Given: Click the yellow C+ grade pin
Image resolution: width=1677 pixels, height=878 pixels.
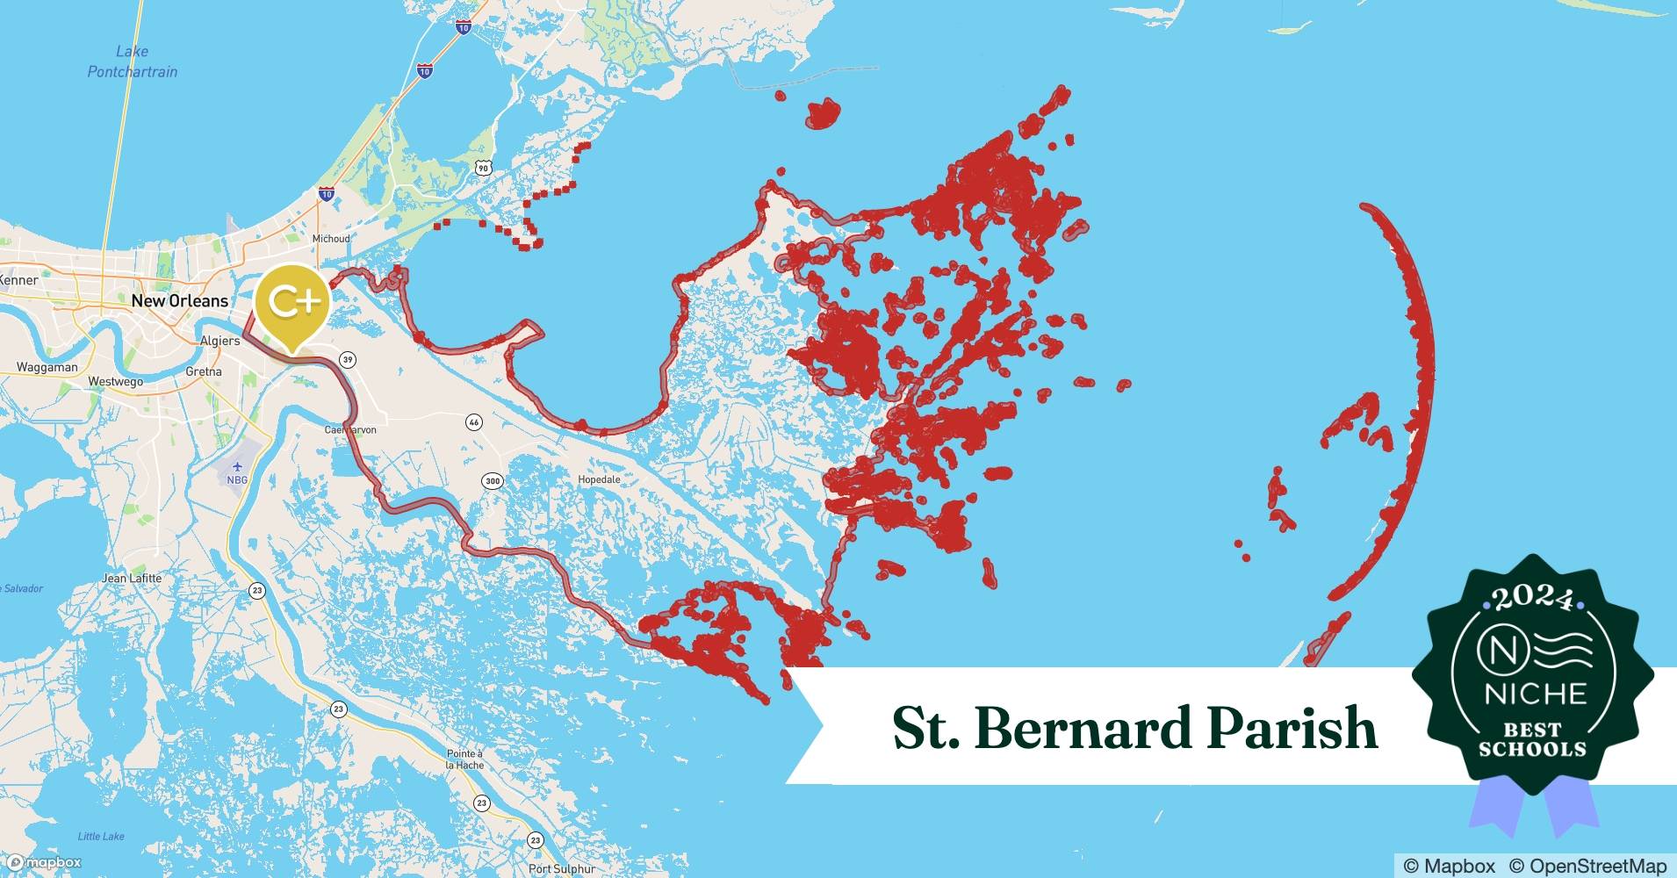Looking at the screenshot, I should pyautogui.click(x=292, y=304).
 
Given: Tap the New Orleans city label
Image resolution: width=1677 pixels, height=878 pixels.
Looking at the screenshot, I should pyautogui.click(x=179, y=301).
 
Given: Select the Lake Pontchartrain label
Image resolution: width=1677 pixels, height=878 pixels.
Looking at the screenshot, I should pyautogui.click(x=132, y=61).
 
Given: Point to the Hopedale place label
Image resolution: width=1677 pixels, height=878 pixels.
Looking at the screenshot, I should pyautogui.click(x=599, y=479).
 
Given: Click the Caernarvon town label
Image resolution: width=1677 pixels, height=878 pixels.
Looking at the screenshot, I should pyautogui.click(x=350, y=429).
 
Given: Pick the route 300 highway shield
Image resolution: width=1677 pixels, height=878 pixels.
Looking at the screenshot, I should pyautogui.click(x=492, y=480).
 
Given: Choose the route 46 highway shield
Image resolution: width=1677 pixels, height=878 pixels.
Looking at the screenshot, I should pyautogui.click(x=474, y=422).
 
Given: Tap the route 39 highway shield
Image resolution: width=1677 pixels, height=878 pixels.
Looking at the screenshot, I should pyautogui.click(x=349, y=359).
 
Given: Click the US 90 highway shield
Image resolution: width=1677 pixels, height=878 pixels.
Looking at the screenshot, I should pyautogui.click(x=483, y=167).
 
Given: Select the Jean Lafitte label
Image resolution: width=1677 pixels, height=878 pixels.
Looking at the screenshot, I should pyautogui.click(x=132, y=578).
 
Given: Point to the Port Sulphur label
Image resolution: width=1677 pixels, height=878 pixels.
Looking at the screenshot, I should pyautogui.click(x=562, y=869).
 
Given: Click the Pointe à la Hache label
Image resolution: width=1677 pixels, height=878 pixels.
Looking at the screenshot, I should pyautogui.click(x=464, y=759).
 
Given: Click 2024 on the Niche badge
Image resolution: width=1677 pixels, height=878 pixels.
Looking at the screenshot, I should pyautogui.click(x=1532, y=600).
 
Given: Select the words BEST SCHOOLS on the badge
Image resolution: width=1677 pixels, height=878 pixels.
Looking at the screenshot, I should pyautogui.click(x=1532, y=739).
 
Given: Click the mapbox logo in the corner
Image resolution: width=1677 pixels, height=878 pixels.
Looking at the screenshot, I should pyautogui.click(x=44, y=863).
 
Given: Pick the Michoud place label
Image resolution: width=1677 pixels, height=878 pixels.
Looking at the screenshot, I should pyautogui.click(x=331, y=239).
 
